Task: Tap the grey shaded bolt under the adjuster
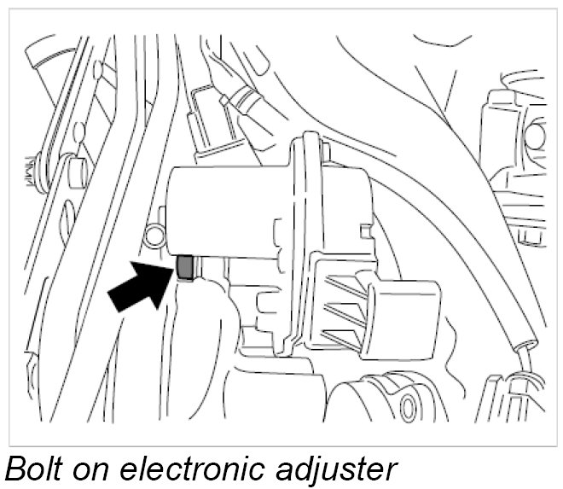[184, 268]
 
